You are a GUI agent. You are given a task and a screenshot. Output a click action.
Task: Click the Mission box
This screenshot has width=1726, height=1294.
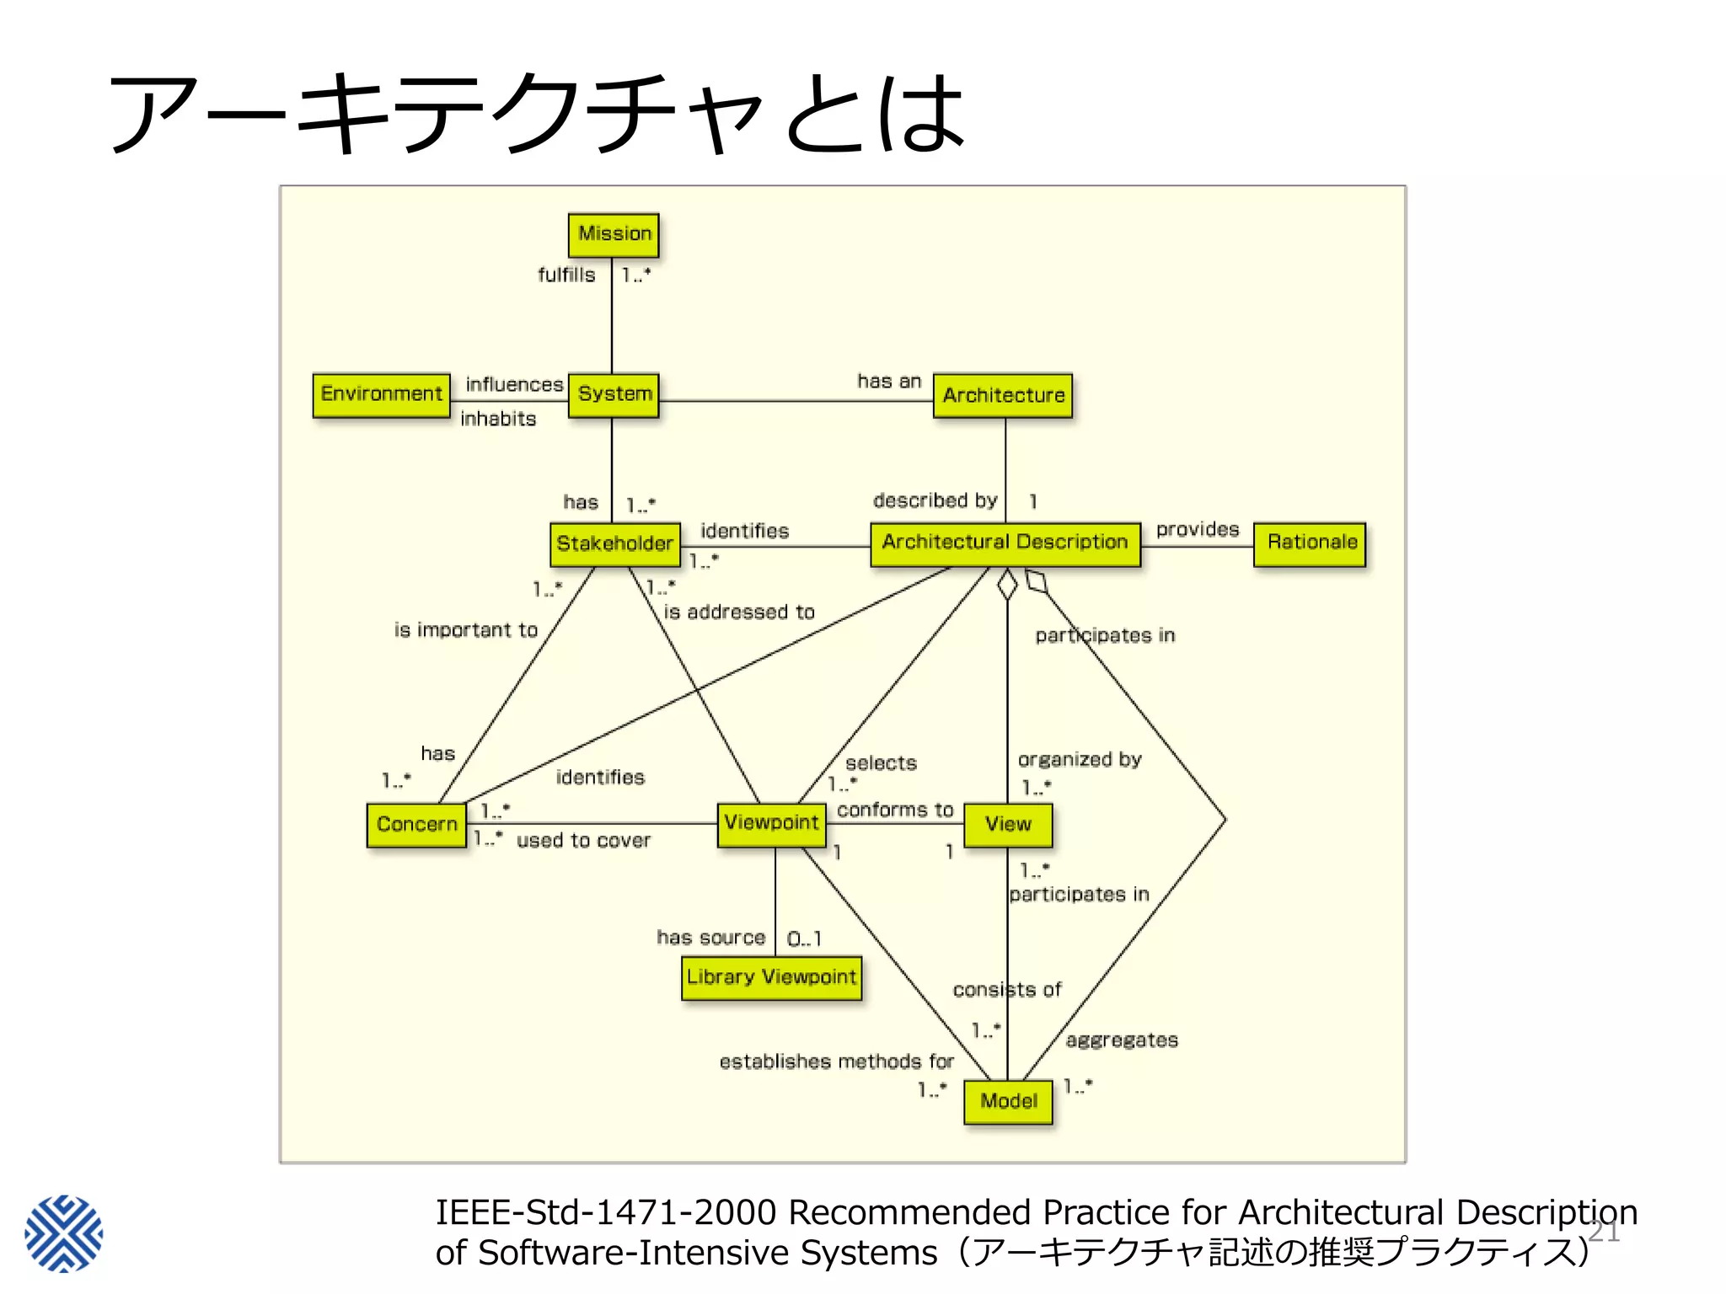(614, 234)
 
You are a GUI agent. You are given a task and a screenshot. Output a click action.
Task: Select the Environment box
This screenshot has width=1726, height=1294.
(381, 394)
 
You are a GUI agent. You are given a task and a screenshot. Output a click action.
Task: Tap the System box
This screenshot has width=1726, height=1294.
(614, 394)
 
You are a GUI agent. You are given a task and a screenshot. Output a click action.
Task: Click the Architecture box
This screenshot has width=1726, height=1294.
(1003, 395)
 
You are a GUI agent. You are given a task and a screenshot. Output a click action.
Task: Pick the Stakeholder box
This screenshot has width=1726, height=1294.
(614, 543)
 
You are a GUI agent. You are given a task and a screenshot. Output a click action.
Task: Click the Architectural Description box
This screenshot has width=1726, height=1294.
(1005, 543)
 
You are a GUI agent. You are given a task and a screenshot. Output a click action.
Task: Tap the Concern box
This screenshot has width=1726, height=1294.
(416, 824)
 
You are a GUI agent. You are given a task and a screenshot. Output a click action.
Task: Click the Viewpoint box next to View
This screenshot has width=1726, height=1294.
(771, 823)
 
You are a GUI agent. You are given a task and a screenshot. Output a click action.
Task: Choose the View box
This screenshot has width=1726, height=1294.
(1008, 824)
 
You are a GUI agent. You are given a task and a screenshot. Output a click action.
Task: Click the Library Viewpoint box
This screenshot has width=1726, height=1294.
(771, 977)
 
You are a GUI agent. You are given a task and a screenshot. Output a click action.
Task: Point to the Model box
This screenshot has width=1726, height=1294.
(1008, 1101)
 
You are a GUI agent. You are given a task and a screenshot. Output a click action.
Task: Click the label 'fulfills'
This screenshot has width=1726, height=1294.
(566, 275)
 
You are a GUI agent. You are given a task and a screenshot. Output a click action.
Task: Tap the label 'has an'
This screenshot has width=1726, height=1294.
(889, 382)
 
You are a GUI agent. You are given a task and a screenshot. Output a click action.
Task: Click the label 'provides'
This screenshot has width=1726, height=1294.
(1197, 530)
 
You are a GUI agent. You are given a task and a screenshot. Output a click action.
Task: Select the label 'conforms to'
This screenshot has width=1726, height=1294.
(894, 810)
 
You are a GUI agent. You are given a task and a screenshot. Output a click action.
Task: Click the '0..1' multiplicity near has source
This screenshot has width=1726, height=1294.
(804, 938)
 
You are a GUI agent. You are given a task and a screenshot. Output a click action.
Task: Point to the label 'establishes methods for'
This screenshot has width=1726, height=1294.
(836, 1061)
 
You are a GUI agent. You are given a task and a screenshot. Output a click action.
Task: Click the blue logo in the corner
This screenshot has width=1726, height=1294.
(64, 1233)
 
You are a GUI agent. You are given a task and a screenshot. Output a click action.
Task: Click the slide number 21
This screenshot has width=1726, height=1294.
(1603, 1233)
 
